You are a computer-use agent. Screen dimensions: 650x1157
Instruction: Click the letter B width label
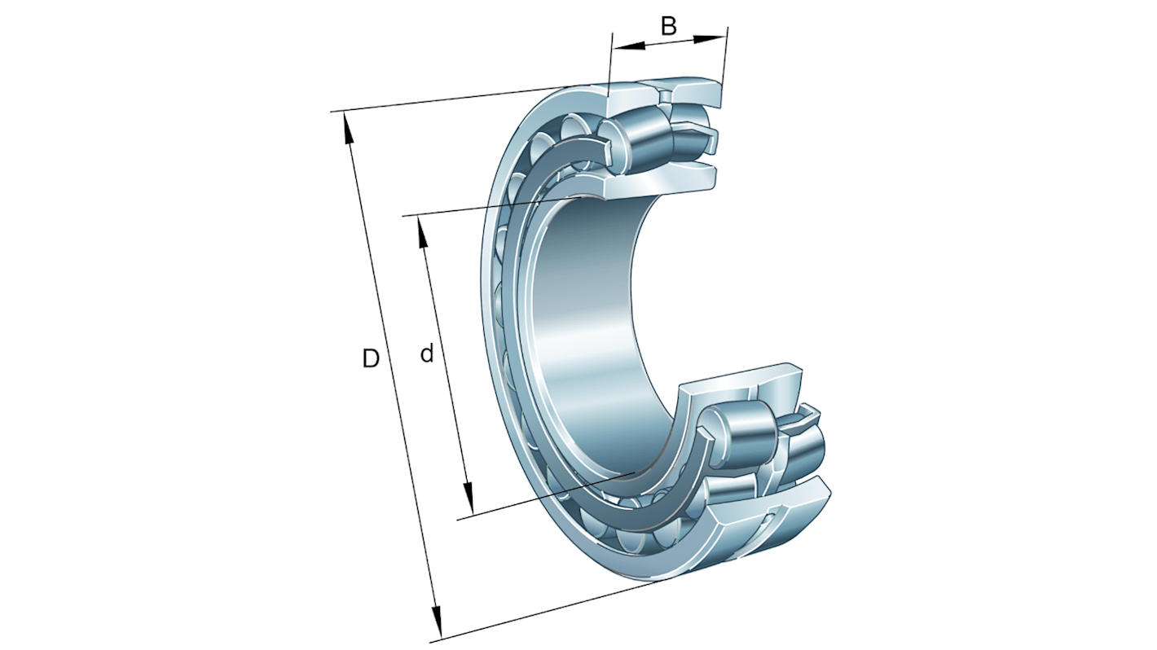pos(668,26)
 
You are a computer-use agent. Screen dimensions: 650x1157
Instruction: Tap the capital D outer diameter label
pos(371,358)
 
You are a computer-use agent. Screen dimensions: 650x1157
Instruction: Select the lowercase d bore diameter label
pos(426,354)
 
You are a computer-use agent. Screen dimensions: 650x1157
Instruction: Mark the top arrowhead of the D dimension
pos(349,126)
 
